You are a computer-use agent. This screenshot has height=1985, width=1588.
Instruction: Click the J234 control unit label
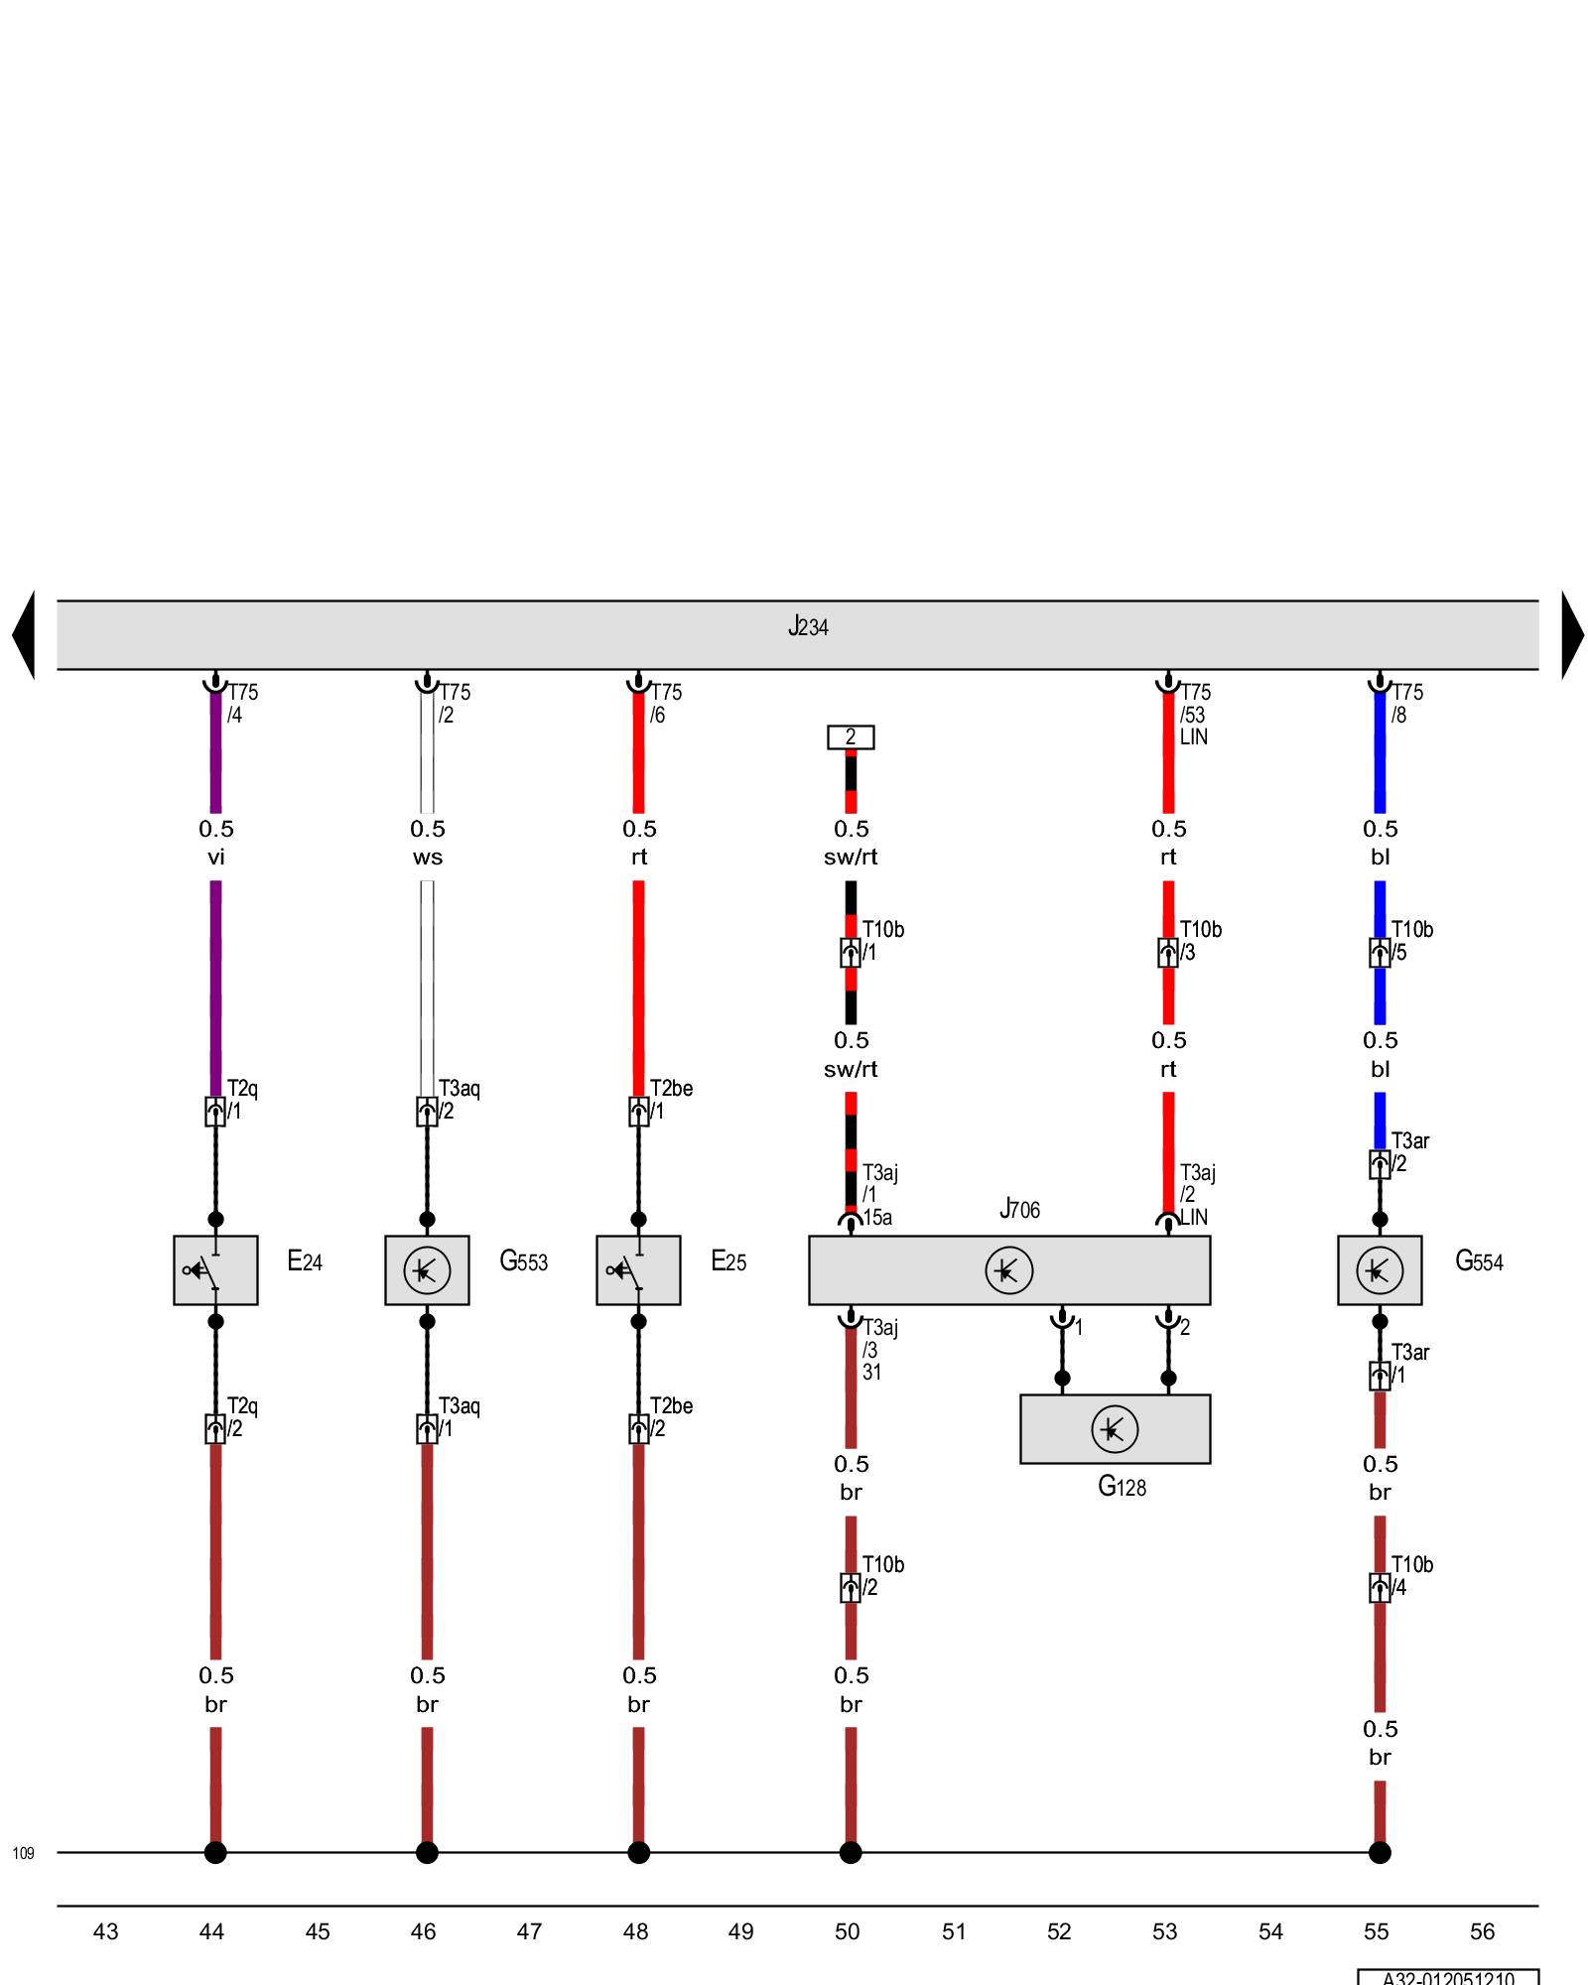tap(808, 627)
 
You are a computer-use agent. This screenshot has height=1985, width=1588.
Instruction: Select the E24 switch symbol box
tap(215, 1269)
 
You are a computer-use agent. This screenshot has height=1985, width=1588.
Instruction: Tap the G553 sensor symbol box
tap(427, 1269)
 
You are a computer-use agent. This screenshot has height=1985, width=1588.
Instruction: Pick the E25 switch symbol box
tap(638, 1269)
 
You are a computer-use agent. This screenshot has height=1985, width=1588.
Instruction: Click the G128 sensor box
tap(1115, 1429)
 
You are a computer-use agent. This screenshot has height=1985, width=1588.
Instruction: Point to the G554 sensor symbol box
tap(1379, 1269)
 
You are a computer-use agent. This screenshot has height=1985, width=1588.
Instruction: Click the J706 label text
tap(1019, 1209)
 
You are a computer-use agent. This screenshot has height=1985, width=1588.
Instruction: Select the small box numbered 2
tap(851, 737)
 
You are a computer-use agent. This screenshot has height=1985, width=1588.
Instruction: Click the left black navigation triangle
tap(24, 635)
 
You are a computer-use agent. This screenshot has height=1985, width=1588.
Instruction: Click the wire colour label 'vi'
tap(215, 858)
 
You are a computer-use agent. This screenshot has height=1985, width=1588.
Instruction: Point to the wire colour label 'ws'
tap(427, 858)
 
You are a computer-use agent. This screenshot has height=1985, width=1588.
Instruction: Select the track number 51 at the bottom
tap(953, 1931)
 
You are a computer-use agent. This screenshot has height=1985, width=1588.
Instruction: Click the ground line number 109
tap(23, 1853)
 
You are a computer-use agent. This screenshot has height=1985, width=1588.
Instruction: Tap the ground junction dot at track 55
tap(1380, 1852)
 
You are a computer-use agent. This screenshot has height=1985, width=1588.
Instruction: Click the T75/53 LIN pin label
tap(1194, 715)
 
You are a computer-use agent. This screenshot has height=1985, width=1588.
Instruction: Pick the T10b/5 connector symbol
tap(1380, 953)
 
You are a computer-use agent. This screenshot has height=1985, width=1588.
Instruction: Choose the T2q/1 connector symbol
tap(215, 1112)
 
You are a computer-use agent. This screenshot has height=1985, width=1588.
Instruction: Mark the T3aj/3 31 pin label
tap(878, 1350)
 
